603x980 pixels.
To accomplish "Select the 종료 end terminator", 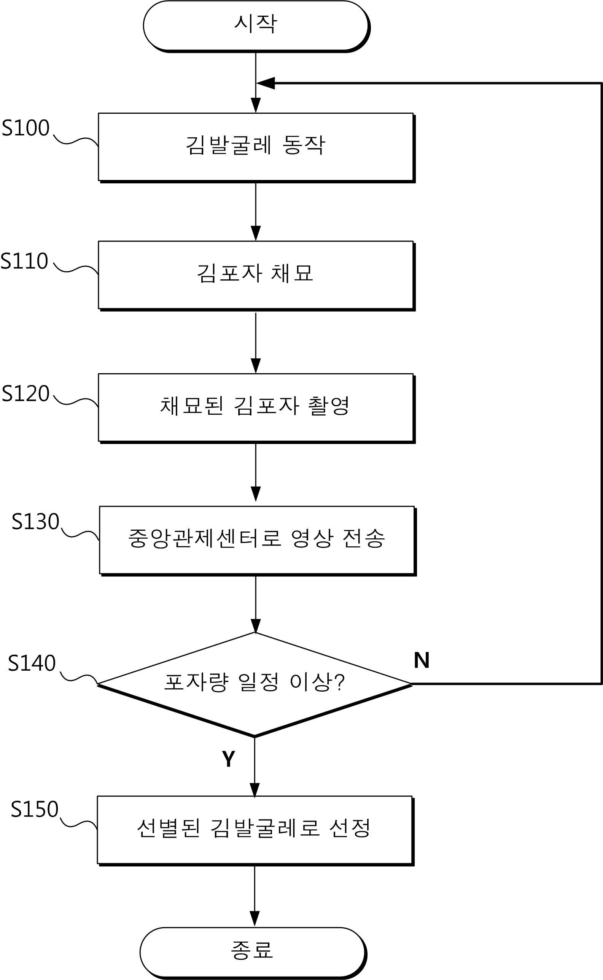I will (x=253, y=951).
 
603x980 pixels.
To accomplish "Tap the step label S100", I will (x=26, y=128).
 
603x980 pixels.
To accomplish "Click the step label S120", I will (x=26, y=393).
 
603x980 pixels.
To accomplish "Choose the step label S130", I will (x=35, y=522).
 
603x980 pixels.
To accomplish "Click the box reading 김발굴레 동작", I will (x=256, y=147).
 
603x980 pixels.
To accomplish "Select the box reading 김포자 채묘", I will (x=256, y=275).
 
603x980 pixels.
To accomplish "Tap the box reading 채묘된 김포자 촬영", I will (x=256, y=407).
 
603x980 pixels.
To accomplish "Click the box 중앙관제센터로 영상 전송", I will (x=256, y=540).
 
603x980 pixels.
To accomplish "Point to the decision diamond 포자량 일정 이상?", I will (x=255, y=684).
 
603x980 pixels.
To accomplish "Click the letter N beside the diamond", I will (x=422, y=661).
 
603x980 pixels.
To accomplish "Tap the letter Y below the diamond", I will (x=229, y=759).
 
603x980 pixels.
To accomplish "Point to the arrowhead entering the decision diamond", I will (x=256, y=625).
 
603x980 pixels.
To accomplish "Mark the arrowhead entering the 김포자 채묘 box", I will (x=256, y=233).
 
